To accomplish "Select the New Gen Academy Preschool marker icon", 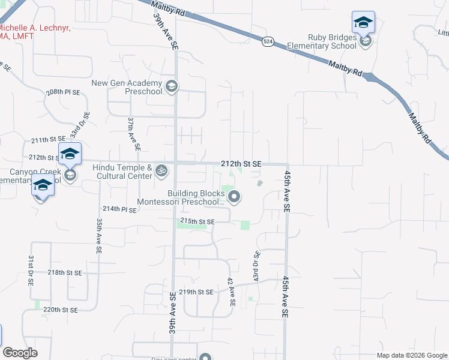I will pos(171,87).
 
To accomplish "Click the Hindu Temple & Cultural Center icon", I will pos(160,172).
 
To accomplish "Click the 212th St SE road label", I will pos(241,163).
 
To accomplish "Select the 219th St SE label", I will pos(196,292).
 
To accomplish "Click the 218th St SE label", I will pos(64,272).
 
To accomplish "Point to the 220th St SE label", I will pos(61,310).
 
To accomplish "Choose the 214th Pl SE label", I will pos(120,209).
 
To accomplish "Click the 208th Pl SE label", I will pos(63,93).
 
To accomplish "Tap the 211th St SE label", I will pos(47,140).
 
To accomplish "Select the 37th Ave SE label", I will pos(133,134).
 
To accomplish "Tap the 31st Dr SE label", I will pos(31,269).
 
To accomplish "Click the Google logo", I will pos(20,353).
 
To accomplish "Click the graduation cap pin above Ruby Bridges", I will pos(363,23).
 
